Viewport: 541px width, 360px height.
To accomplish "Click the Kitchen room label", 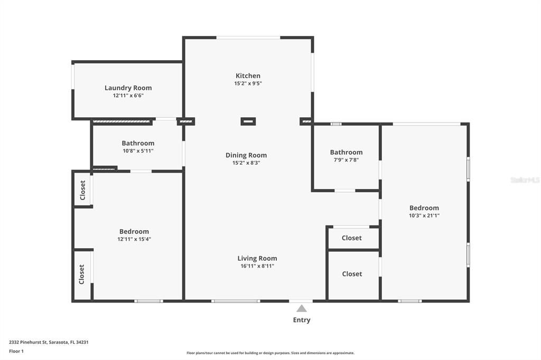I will (248, 76).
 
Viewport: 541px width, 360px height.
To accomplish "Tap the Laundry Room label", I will (128, 88).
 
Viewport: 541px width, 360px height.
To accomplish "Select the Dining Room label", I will (246, 155).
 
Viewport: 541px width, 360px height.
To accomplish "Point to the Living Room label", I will (257, 259).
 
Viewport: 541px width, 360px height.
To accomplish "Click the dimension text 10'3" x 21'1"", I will (424, 215).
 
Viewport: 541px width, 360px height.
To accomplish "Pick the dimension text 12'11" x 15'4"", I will (134, 239).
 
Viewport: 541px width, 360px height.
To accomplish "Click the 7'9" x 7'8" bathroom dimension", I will (346, 160).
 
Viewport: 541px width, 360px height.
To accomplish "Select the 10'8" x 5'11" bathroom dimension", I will (138, 151).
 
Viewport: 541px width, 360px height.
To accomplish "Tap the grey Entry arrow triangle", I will (301, 308).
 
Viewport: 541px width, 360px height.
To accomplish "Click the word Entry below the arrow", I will (302, 320).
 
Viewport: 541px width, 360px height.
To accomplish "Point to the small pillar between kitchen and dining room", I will (248, 121).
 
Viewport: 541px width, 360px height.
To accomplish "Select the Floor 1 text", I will (16, 351).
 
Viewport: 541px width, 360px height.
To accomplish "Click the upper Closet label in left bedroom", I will (82, 190).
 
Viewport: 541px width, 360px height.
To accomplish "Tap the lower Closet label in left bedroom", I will (82, 274).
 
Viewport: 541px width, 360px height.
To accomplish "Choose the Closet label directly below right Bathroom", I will (352, 238).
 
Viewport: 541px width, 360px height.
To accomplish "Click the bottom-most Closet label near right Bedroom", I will (352, 274).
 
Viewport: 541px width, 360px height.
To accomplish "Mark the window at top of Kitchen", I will (248, 37).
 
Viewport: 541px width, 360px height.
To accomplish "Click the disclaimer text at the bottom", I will (270, 353).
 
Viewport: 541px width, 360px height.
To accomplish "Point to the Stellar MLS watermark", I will (525, 180).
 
